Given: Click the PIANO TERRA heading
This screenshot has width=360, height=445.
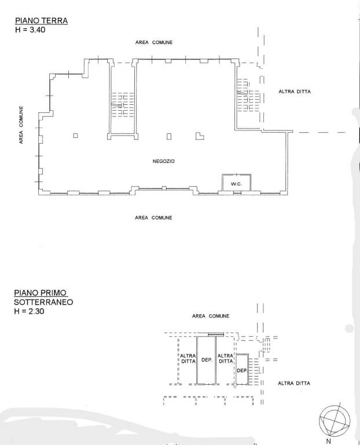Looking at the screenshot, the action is click(42, 21).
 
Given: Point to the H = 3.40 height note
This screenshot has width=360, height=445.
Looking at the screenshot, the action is click(30, 30).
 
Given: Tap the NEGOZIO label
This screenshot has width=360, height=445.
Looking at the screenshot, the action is click(164, 161).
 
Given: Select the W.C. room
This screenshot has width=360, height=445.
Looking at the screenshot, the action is click(236, 183).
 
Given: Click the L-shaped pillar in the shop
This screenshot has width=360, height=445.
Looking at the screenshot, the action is click(200, 136).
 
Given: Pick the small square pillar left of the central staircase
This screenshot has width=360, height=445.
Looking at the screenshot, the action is click(75, 136).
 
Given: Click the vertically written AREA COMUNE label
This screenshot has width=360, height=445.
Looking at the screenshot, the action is click(21, 125).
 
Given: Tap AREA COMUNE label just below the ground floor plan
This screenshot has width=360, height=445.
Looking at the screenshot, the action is click(153, 218).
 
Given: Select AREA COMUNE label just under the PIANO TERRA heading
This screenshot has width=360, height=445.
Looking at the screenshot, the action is click(154, 42).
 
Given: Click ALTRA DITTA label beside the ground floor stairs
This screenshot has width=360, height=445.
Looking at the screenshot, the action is click(295, 92).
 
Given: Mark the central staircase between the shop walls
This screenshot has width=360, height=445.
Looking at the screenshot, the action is click(122, 104).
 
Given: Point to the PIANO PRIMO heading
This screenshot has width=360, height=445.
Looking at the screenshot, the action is click(41, 293).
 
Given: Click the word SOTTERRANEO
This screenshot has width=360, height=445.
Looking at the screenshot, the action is click(43, 302).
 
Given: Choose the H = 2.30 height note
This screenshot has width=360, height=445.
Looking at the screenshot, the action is click(29, 311).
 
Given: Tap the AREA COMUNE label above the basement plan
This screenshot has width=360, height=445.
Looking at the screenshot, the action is click(211, 316).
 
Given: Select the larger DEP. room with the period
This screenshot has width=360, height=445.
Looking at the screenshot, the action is click(207, 360).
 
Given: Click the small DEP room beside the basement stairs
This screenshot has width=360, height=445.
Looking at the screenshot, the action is click(242, 370).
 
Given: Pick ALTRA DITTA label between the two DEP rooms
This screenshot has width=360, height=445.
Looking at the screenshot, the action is click(225, 359).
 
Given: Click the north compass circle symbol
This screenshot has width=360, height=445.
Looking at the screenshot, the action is click(335, 421).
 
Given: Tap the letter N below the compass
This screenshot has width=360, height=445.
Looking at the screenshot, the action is click(329, 442).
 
